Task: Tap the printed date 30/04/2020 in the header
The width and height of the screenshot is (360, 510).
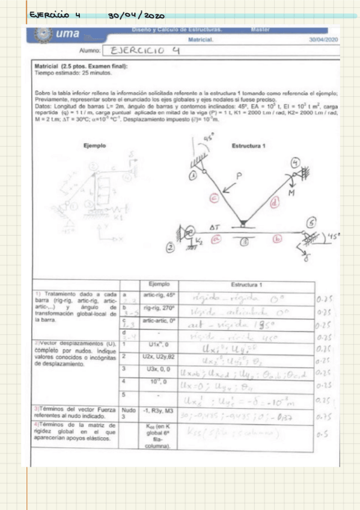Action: (x=324, y=39)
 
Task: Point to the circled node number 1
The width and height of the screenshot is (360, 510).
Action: (x=193, y=174)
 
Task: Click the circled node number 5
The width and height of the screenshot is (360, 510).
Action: (x=311, y=223)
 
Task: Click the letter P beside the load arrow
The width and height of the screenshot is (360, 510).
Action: (x=239, y=177)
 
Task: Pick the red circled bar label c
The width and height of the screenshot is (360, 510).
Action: (x=213, y=196)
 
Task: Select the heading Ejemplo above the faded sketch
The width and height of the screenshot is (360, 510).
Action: (x=94, y=146)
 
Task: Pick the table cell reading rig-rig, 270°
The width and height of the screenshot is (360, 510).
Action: (x=159, y=308)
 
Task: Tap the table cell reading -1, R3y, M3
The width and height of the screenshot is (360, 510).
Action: (x=160, y=414)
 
